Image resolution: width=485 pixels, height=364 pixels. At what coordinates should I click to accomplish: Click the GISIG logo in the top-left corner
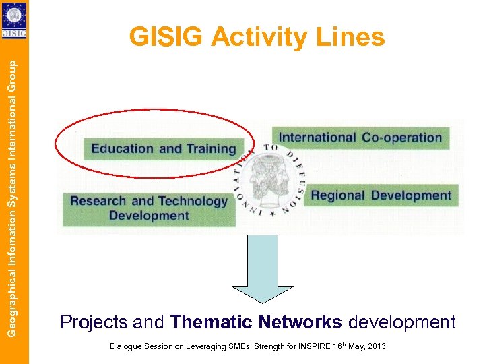click(x=13, y=20)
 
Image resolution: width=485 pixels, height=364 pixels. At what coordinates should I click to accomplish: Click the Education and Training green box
click(x=163, y=148)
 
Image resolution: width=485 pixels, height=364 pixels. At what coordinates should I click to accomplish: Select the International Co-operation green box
click(x=360, y=138)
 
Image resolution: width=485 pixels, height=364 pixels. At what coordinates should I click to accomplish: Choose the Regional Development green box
click(x=381, y=195)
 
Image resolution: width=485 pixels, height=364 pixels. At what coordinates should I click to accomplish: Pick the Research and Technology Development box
click(x=149, y=208)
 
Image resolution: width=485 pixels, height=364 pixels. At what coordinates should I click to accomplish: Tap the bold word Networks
click(x=301, y=322)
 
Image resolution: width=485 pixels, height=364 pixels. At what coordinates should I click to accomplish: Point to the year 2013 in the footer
click(x=376, y=346)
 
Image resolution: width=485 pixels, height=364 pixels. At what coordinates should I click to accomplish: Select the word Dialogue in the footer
click(x=125, y=346)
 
